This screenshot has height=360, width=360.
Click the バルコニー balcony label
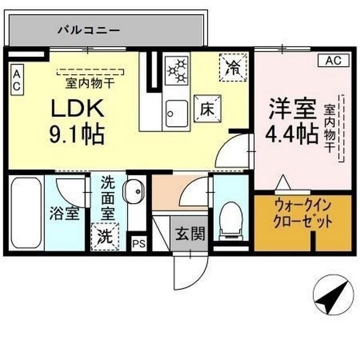click(89, 29)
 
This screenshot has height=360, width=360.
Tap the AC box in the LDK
click(16, 79)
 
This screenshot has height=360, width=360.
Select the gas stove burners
click(177, 70)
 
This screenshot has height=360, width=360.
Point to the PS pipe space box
click(137, 243)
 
